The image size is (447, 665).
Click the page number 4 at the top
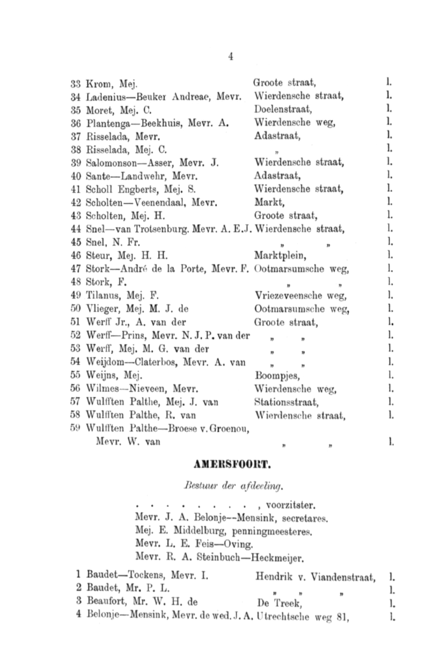(230, 57)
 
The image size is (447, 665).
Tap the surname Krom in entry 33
(96, 83)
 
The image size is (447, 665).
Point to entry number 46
(76, 256)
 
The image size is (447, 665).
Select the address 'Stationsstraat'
(286, 402)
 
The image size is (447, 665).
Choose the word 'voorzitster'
(290, 504)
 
